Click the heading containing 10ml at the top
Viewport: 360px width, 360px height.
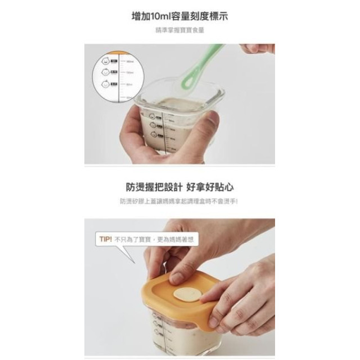point(179,16)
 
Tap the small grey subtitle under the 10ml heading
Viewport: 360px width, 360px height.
point(179,31)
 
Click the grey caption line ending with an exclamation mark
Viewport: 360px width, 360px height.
point(179,201)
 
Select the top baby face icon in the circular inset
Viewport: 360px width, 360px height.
point(107,61)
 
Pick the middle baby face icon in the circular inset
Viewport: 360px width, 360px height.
point(107,73)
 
